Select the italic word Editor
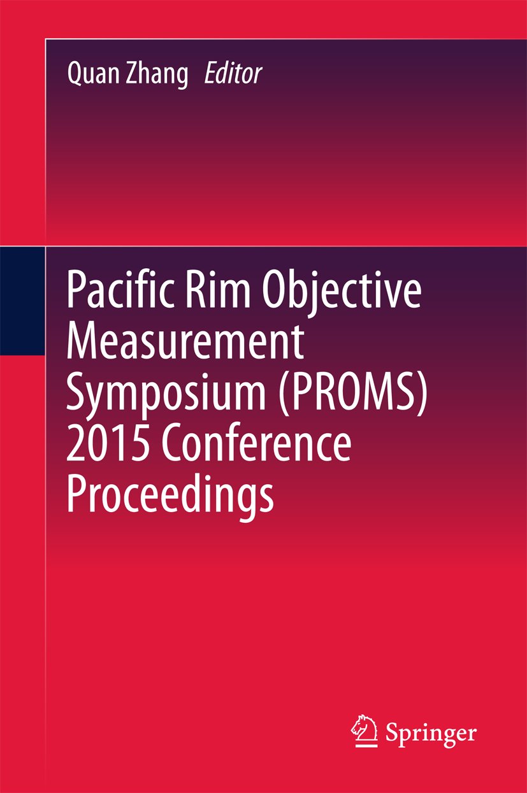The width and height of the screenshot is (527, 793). click(x=233, y=74)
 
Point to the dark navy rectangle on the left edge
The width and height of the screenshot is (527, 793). click(x=22, y=301)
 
